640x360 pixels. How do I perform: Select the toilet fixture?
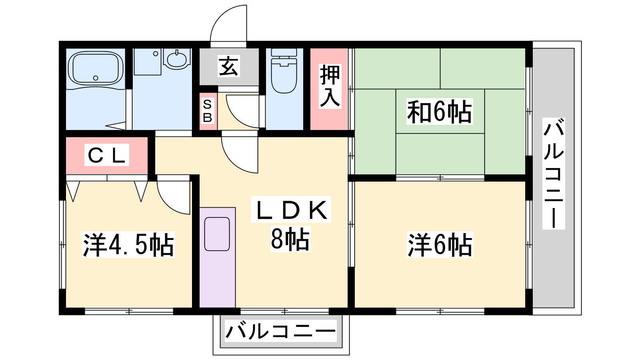pyautogui.click(x=284, y=70)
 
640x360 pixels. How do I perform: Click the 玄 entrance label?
pyautogui.click(x=228, y=66)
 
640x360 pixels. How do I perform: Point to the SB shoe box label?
pyautogui.click(x=208, y=111)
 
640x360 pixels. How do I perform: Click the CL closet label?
pyautogui.click(x=106, y=155)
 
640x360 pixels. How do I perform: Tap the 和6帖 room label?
pyautogui.click(x=440, y=112)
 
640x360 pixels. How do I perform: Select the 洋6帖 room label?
pyautogui.click(x=440, y=245)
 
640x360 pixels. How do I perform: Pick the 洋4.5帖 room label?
pyautogui.click(x=128, y=245)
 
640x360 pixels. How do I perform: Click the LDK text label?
pyautogui.click(x=291, y=210)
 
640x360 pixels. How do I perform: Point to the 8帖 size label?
pyautogui.click(x=290, y=239)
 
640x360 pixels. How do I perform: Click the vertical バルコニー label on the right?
pyautogui.click(x=554, y=174)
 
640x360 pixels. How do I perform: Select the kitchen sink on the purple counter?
pyautogui.click(x=217, y=234)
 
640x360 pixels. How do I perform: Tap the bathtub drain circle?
pyautogui.click(x=96, y=78)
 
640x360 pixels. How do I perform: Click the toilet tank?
pyautogui.click(x=284, y=52)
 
